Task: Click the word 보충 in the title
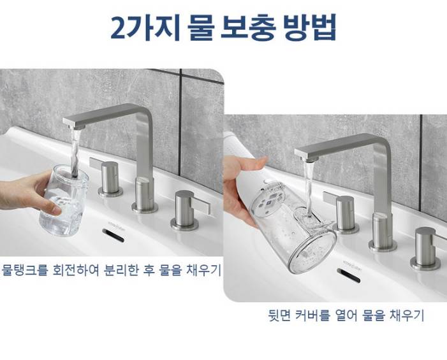coord(248,27)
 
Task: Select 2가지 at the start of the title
coord(145,27)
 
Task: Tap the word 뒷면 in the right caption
coord(279,315)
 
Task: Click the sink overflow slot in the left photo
coord(113,235)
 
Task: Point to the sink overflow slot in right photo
coord(349,276)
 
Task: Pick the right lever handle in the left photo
coord(188,210)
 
